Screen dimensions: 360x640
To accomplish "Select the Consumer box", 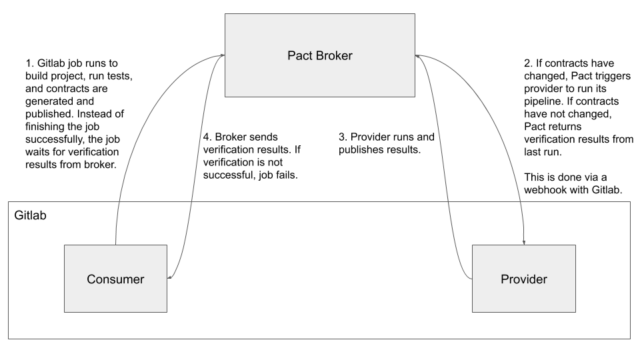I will coord(115,279).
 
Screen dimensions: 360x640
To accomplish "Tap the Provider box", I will coord(523,279).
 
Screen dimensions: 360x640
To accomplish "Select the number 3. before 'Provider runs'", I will coord(343,137).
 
